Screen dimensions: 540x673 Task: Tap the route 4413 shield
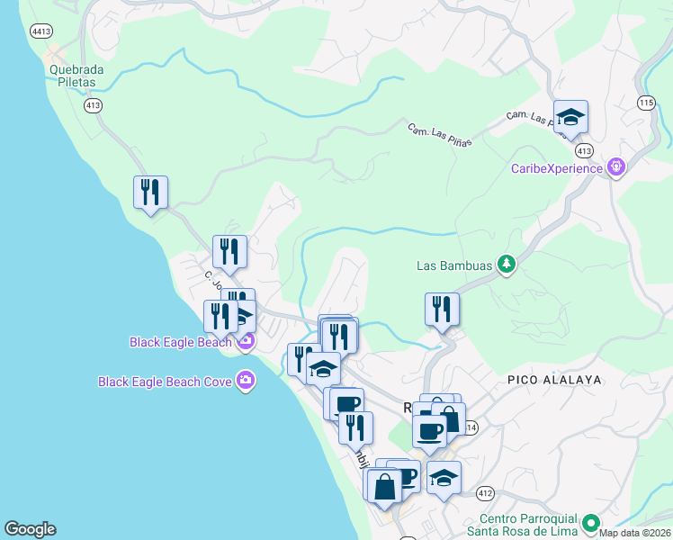point(40,31)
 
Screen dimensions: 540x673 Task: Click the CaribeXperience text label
point(556,168)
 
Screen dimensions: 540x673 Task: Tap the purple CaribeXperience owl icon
point(615,167)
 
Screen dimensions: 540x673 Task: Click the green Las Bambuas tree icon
point(507,265)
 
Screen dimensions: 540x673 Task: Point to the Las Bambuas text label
point(454,265)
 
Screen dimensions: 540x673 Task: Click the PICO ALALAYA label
point(553,380)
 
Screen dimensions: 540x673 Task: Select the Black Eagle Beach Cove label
point(165,382)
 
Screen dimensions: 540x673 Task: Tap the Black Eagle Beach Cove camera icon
point(246,382)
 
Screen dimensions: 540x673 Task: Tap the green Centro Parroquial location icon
point(590,523)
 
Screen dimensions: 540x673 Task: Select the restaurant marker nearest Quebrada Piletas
point(150,193)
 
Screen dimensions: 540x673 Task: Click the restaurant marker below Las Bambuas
point(442,310)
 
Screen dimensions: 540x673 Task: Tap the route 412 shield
point(486,493)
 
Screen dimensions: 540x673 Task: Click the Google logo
point(30,529)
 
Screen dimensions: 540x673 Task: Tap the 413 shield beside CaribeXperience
point(585,150)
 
